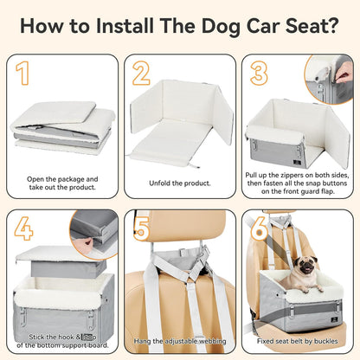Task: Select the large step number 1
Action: coord(25,74)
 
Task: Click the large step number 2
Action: coord(141,74)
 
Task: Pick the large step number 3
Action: coord(259,74)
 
